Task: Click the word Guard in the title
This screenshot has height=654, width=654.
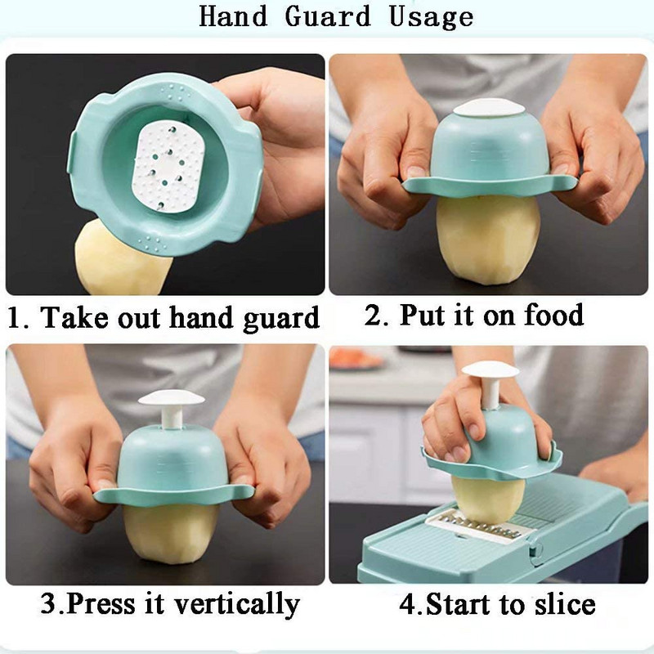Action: coord(328,17)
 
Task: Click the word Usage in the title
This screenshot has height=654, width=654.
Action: coord(432,18)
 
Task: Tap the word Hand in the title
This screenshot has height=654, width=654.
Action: coord(233,16)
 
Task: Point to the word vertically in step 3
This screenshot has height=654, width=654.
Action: coord(237,604)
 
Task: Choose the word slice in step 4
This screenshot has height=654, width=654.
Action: coord(565,603)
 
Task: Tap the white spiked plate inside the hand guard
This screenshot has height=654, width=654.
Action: coord(168,167)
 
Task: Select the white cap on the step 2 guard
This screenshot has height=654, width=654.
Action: coord(489,108)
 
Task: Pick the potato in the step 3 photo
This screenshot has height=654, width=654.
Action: coord(171,533)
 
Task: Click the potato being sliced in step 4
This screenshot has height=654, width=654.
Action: coord(488,499)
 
